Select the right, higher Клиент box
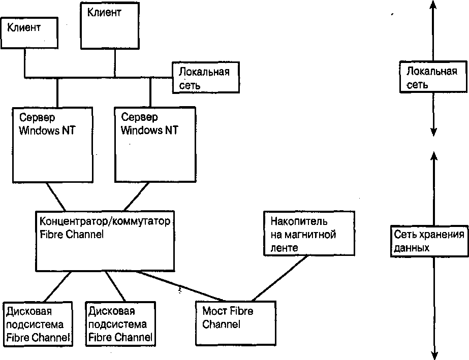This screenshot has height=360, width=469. (x=111, y=25)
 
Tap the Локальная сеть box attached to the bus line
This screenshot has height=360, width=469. (x=206, y=78)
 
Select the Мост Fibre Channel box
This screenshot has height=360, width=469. (x=236, y=323)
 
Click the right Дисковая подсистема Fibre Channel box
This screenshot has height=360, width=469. (x=120, y=323)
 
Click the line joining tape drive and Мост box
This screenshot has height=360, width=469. (x=279, y=279)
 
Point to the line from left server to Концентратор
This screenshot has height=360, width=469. (x=57, y=198)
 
